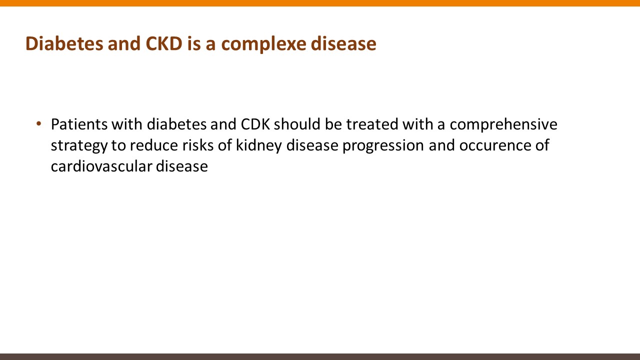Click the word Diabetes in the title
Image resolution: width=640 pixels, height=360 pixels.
click(x=64, y=43)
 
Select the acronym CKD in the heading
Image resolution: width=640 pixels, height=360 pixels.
click(x=164, y=43)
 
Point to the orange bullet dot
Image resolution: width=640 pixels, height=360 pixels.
click(x=39, y=124)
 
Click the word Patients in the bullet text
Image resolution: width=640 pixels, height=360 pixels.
click(x=79, y=124)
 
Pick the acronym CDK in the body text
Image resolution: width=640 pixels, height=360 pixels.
click(x=255, y=124)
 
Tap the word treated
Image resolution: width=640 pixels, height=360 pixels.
click(x=372, y=124)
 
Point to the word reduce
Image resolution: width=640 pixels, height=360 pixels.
click(x=154, y=145)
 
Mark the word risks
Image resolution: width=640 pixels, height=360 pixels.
click(x=198, y=145)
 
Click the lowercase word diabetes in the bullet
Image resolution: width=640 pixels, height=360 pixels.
click(x=176, y=124)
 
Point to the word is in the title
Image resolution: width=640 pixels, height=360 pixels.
click(x=194, y=43)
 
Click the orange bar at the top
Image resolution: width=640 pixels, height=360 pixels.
click(x=320, y=3)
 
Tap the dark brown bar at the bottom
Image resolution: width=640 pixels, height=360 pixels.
click(x=320, y=357)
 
